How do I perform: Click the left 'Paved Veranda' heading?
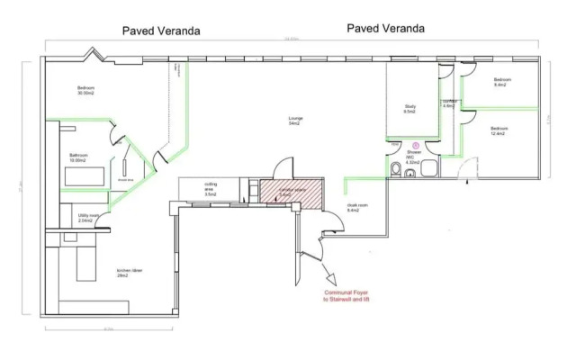click(161, 31)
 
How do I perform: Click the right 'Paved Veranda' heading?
click(385, 29)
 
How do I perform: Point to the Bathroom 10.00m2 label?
click(79, 157)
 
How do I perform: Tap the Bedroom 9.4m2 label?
click(502, 83)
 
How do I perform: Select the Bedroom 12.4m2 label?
click(499, 131)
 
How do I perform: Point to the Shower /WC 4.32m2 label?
click(414, 157)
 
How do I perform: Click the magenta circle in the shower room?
click(416, 144)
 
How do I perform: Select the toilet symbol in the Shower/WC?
click(396, 170)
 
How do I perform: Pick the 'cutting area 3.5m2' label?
click(211, 187)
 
